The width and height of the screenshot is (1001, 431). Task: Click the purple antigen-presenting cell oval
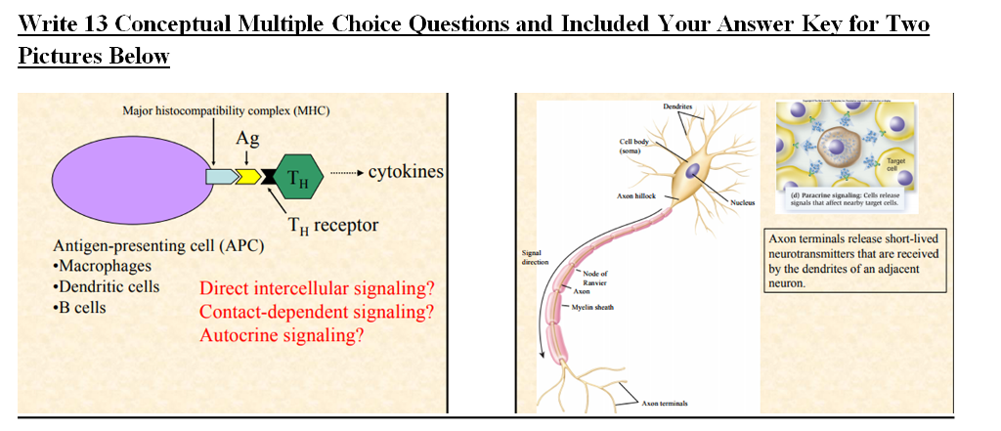point(123,176)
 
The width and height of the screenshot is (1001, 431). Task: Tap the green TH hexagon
point(297,177)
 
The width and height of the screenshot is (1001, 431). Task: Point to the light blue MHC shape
point(221,177)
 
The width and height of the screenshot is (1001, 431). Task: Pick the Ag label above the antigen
point(247,139)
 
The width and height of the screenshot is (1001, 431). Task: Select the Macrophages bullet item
point(106,267)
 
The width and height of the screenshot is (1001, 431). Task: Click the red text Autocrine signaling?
point(282,335)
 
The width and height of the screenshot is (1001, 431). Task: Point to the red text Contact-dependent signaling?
point(316,313)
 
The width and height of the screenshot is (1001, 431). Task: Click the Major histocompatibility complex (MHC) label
point(226,110)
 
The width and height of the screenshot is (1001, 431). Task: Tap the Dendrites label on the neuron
point(677,106)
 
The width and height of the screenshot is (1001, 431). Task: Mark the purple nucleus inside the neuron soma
point(691,171)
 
